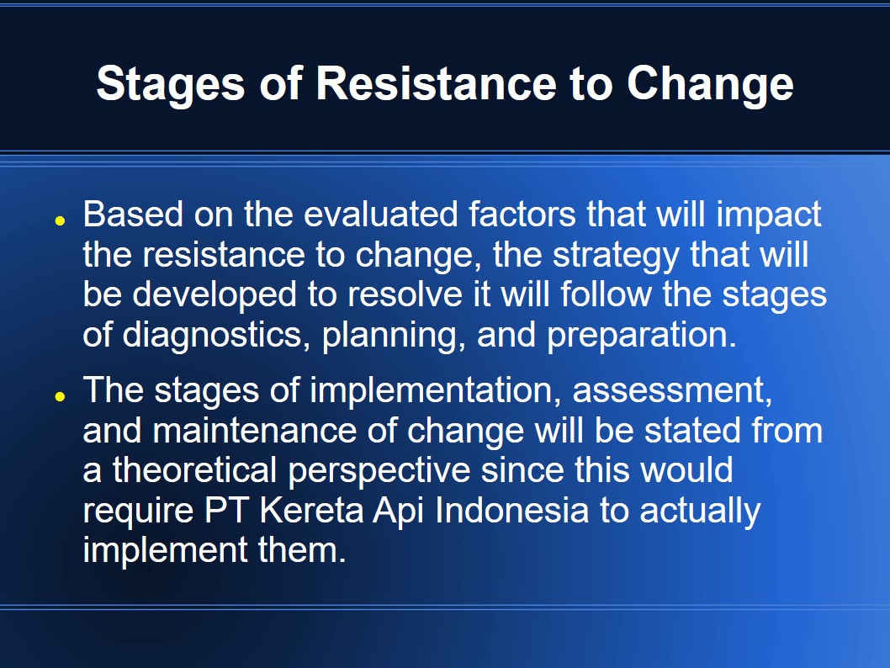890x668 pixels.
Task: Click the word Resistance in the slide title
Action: click(x=436, y=83)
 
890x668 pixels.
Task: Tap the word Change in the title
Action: click(x=710, y=85)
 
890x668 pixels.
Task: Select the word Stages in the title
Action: click(x=171, y=85)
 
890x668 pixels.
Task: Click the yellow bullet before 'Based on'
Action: click(x=61, y=220)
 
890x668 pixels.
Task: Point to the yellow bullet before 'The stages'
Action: click(x=61, y=397)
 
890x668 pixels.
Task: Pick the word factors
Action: click(x=522, y=214)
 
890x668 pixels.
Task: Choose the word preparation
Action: click(x=641, y=336)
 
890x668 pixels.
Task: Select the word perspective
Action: click(x=379, y=472)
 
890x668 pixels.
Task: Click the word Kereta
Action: click(x=311, y=510)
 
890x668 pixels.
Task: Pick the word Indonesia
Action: click(x=512, y=510)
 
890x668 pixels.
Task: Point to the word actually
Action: click(x=700, y=512)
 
